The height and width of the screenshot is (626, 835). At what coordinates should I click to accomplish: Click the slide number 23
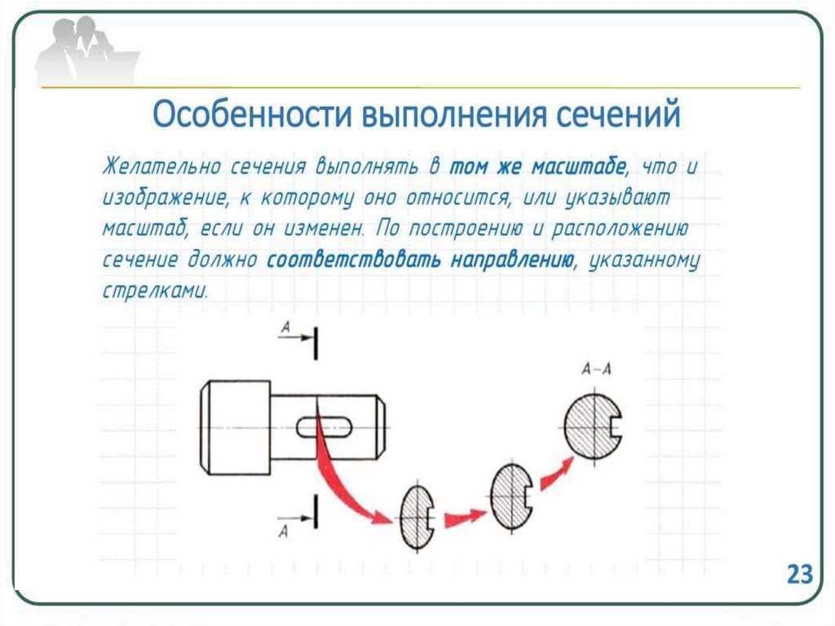click(800, 573)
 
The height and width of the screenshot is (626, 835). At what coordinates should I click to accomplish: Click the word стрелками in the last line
click(154, 291)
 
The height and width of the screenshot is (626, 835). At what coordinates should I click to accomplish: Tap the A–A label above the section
click(596, 370)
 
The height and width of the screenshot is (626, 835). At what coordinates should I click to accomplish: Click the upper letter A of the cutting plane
click(285, 327)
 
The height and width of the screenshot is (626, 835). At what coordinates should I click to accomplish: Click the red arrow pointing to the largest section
click(555, 472)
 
